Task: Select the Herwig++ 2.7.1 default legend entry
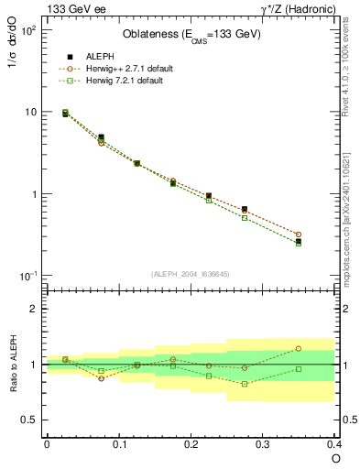click(127, 68)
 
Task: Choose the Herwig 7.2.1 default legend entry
click(125, 81)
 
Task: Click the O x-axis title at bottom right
click(336, 457)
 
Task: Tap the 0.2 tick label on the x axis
click(191, 443)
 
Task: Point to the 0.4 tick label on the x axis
click(334, 443)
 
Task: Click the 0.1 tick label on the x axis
click(118, 443)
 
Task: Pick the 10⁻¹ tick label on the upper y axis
click(28, 277)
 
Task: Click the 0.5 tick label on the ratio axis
click(30, 420)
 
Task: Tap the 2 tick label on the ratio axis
click(34, 309)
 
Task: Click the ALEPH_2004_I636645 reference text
click(191, 274)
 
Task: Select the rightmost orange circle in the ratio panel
click(324, 348)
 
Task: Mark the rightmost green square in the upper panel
click(324, 243)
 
